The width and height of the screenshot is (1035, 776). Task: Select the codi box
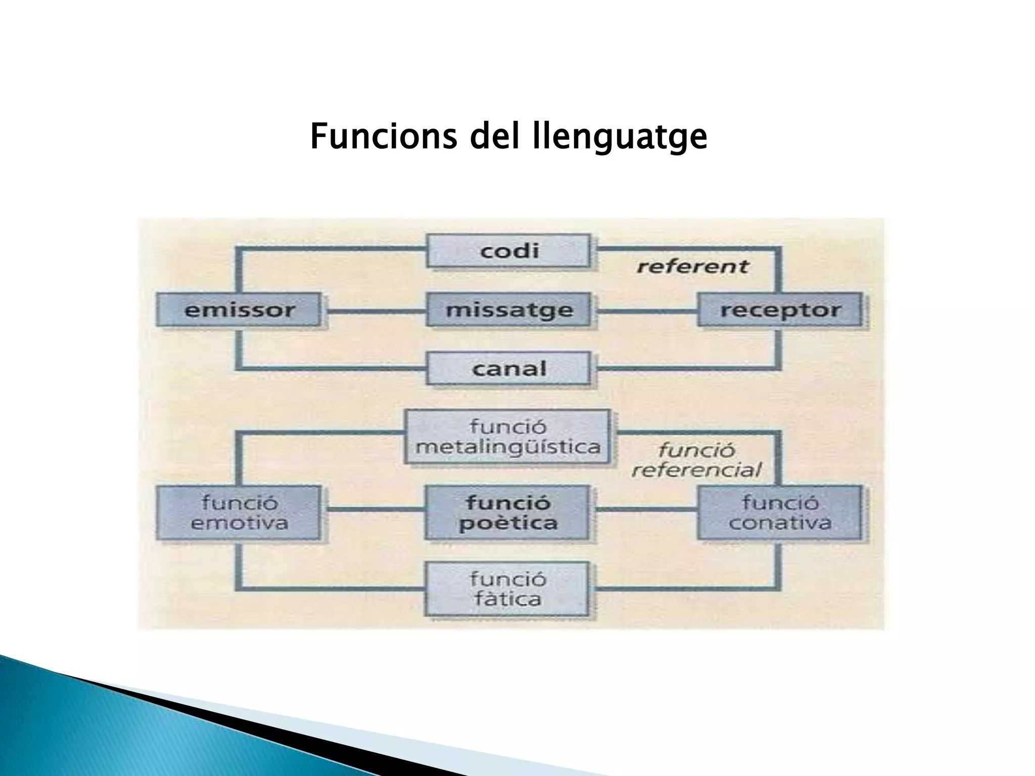[508, 251]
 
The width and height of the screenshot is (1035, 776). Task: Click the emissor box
[239, 310]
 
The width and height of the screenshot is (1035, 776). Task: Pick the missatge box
[508, 310]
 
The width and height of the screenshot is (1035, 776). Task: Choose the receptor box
[780, 310]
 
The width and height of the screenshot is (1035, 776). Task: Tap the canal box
[508, 368]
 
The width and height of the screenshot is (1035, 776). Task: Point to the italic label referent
[692, 266]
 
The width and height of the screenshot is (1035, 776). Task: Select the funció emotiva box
[239, 513]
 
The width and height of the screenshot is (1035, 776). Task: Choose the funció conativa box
[780, 513]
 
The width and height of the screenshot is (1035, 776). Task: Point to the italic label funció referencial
[696, 460]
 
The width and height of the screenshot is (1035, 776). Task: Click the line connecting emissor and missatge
[375, 311]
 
